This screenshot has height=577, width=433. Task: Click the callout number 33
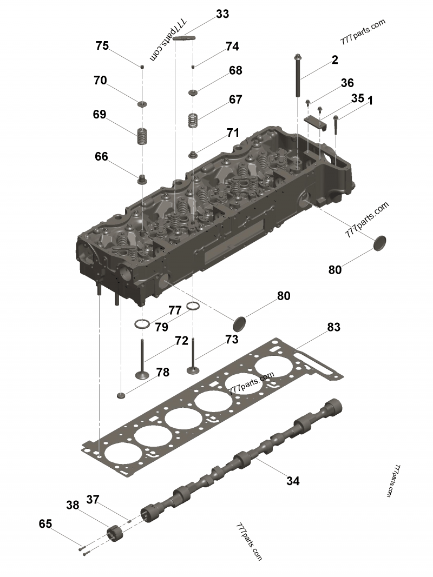pyautogui.click(x=222, y=14)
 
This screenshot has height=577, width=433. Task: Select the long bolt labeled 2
pyautogui.click(x=299, y=76)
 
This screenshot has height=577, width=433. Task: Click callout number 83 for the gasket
pyautogui.click(x=333, y=327)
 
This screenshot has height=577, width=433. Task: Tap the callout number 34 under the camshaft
pyautogui.click(x=293, y=480)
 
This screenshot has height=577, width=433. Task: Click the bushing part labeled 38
pyautogui.click(x=115, y=532)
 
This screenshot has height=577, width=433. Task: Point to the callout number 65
pyautogui.click(x=45, y=523)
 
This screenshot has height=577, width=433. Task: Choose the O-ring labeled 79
pyautogui.click(x=142, y=324)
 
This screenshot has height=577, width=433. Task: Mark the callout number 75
pyautogui.click(x=102, y=45)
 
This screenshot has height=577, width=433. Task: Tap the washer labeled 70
pyautogui.click(x=142, y=104)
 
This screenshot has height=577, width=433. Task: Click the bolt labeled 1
pyautogui.click(x=337, y=124)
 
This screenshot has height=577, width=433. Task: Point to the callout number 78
pyautogui.click(x=162, y=372)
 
